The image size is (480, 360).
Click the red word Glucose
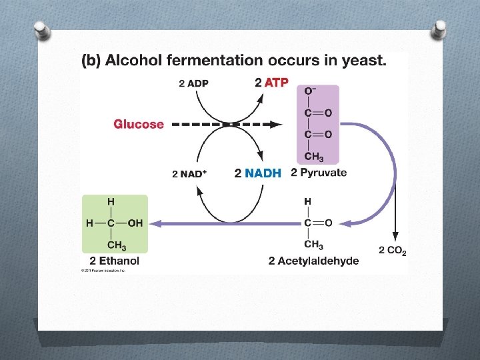point(138,124)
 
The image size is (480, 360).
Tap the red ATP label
point(276,83)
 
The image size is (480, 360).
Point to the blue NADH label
point(263,173)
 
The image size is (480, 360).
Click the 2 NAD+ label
point(189,174)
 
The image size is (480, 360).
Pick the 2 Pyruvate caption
point(319,173)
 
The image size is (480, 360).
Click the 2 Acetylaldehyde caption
point(313,261)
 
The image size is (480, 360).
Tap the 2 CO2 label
point(393,251)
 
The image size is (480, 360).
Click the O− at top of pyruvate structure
point(311,91)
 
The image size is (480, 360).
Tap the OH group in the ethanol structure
point(135,223)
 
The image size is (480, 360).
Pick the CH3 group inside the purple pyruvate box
point(314,157)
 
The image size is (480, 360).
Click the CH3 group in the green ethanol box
point(117,245)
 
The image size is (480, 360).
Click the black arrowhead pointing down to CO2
point(395,237)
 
